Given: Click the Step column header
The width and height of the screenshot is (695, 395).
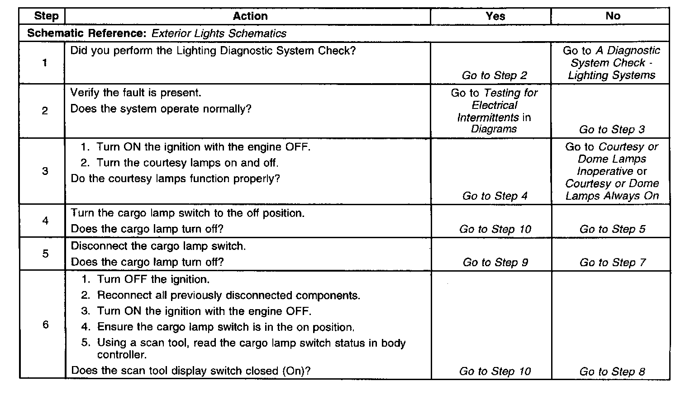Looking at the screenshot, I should pyautogui.click(x=46, y=16).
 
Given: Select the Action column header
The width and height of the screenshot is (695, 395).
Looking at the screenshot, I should pyautogui.click(x=250, y=16).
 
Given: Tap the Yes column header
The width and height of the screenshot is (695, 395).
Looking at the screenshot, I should pyautogui.click(x=495, y=16).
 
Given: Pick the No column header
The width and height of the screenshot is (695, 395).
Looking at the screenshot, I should pyautogui.click(x=612, y=16).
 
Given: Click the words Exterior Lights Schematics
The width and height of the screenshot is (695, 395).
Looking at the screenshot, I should pyautogui.click(x=219, y=33).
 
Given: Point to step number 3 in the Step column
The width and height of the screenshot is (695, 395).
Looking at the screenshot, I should pyautogui.click(x=45, y=171).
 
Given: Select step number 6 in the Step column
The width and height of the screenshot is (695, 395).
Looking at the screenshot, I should pyautogui.click(x=45, y=325).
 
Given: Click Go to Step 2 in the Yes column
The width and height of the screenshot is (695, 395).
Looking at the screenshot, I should pyautogui.click(x=495, y=75).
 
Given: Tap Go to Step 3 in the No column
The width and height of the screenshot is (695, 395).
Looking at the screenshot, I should pyautogui.click(x=612, y=130).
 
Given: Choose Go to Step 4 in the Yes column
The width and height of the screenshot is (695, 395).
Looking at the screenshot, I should pyautogui.click(x=495, y=196).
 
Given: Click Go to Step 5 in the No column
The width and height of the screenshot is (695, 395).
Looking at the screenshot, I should pyautogui.click(x=612, y=229).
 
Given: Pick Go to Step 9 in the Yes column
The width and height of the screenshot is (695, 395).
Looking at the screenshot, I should pyautogui.click(x=495, y=263).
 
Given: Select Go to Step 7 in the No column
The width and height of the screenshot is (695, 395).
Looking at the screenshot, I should pyautogui.click(x=612, y=263).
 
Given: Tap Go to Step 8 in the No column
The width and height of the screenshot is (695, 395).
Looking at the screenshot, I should pyautogui.click(x=612, y=371).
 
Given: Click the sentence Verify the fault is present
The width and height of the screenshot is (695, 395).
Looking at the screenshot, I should pyautogui.click(x=136, y=93).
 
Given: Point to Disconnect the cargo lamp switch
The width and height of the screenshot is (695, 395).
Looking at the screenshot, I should pyautogui.click(x=158, y=246).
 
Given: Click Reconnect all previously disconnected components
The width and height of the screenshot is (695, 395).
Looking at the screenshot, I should pyautogui.click(x=228, y=296).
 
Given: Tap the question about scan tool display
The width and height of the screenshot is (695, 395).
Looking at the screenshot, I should pyautogui.click(x=191, y=371).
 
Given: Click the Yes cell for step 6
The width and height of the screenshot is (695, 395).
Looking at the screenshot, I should pyautogui.click(x=495, y=371).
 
